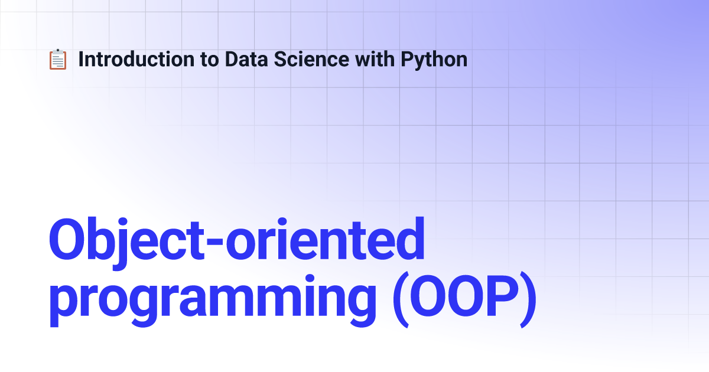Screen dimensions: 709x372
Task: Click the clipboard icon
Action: [58, 60]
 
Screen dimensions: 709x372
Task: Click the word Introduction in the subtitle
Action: [136, 59]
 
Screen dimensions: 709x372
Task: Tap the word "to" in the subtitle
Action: [210, 60]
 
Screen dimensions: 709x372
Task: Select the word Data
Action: [246, 59]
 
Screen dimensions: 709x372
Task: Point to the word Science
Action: [311, 59]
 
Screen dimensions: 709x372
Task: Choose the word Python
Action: [434, 61]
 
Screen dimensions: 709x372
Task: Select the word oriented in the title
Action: [325, 239]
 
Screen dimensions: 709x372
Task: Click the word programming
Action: [212, 301]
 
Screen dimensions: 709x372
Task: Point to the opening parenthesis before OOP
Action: [401, 299]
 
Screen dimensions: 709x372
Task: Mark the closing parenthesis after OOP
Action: [528, 299]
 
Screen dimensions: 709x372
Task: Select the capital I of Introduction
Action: [81, 59]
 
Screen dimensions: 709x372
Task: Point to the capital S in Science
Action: [281, 59]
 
